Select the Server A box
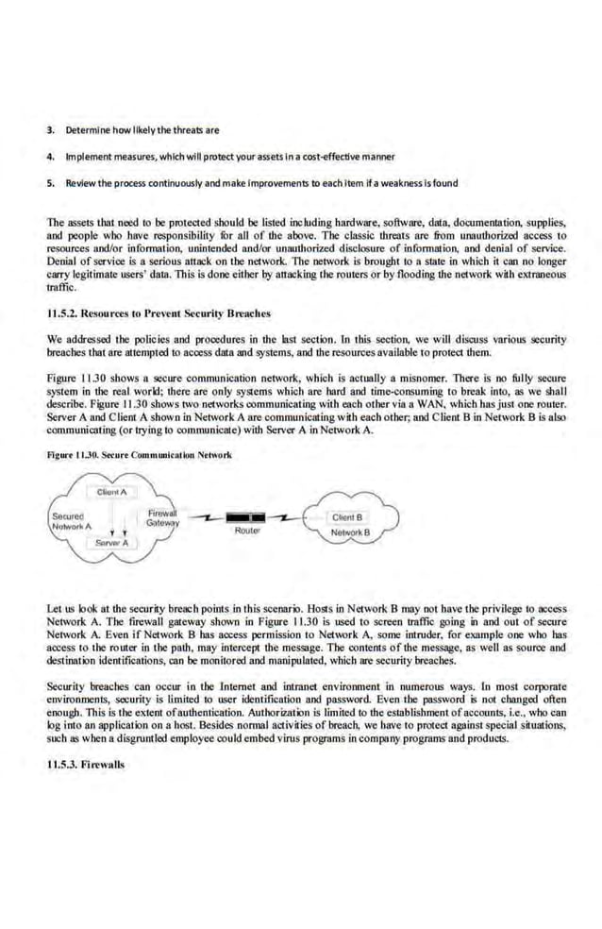[112, 544]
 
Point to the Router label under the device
[246, 532]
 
